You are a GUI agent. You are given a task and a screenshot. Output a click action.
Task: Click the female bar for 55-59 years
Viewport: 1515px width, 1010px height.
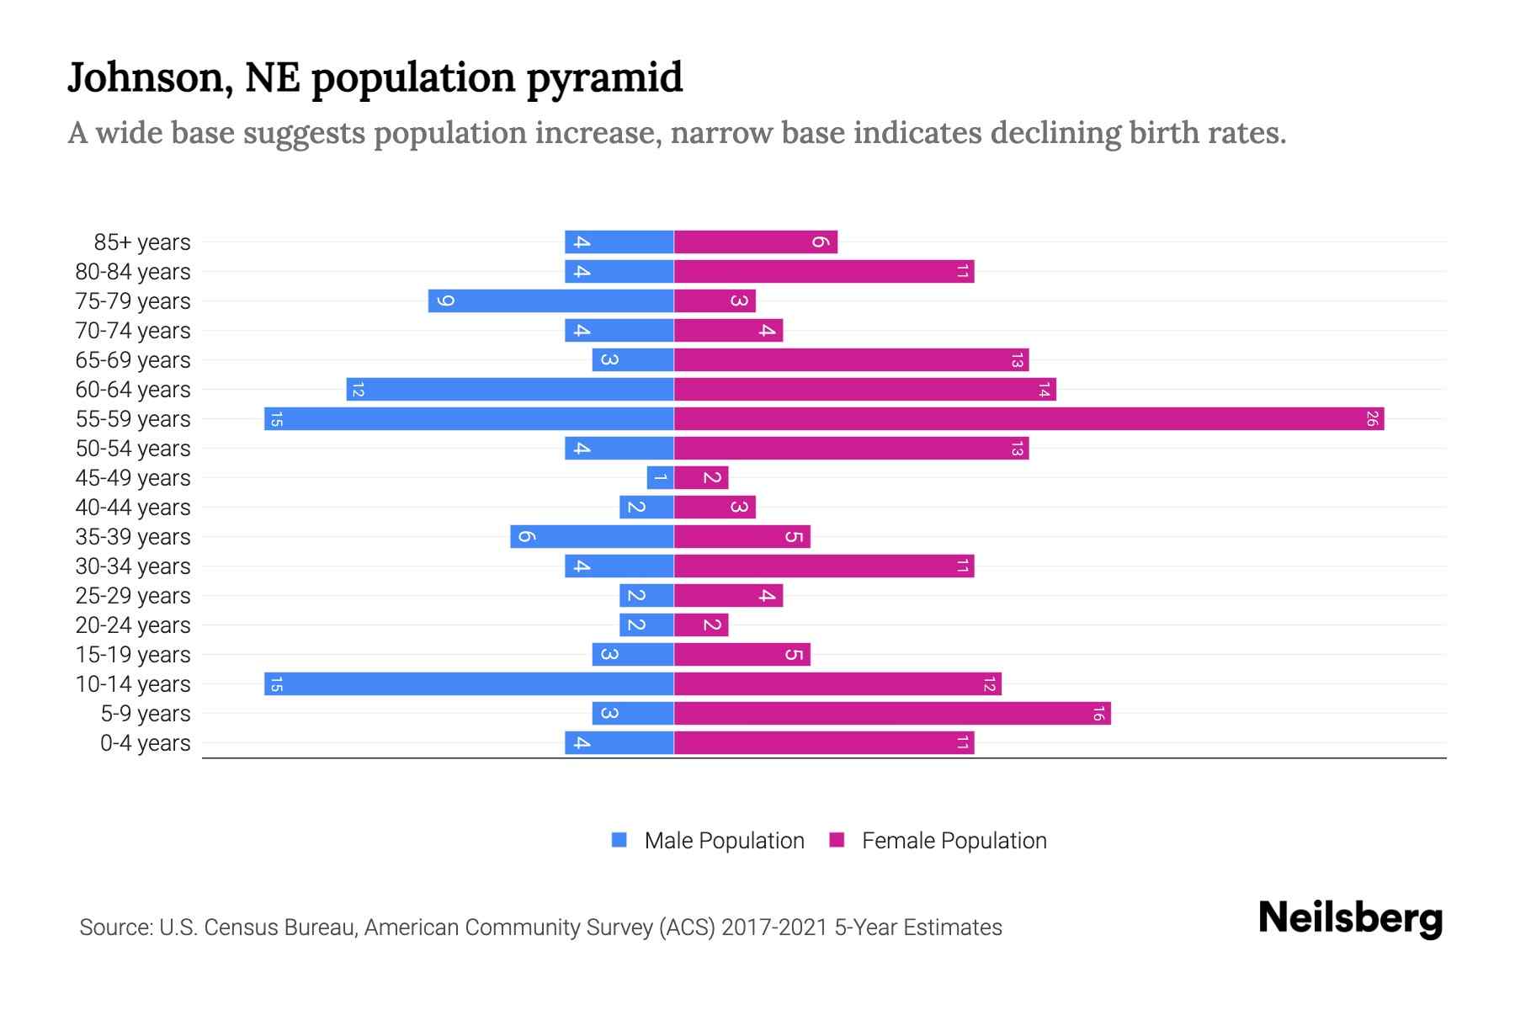pos(1029,418)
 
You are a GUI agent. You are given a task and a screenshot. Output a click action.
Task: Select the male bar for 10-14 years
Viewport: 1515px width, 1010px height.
pos(469,683)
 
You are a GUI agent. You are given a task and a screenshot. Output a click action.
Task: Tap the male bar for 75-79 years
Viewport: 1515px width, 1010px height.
pos(550,300)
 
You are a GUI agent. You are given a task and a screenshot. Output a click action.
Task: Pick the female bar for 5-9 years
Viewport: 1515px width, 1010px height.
pos(892,713)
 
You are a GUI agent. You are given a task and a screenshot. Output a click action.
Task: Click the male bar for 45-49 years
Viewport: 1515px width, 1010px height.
pos(660,477)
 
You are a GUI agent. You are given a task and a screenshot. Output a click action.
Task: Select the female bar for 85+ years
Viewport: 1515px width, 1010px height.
pos(756,242)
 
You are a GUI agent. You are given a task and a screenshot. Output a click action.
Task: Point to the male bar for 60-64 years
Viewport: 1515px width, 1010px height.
pos(510,389)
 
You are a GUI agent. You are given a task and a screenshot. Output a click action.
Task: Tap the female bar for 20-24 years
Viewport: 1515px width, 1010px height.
pos(701,625)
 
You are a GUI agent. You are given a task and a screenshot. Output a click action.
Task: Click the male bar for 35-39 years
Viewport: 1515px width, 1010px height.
pos(592,536)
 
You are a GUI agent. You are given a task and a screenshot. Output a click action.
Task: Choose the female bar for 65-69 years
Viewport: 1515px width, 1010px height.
pos(851,359)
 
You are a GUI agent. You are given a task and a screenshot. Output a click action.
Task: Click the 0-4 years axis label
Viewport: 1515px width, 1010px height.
pos(145,743)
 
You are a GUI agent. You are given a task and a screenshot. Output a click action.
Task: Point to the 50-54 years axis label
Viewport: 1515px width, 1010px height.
pos(133,449)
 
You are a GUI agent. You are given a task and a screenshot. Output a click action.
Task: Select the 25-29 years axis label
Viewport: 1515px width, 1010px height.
pos(133,596)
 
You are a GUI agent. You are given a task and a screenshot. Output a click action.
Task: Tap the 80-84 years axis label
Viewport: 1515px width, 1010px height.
pos(133,272)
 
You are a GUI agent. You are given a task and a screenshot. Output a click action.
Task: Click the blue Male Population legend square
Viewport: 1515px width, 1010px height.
pos(619,840)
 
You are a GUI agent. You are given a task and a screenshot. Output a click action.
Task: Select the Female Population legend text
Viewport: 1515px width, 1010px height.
pos(954,840)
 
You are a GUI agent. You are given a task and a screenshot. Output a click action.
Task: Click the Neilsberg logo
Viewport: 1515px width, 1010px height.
pos(1350,918)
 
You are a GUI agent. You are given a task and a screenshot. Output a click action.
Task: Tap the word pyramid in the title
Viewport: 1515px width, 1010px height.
pos(604,78)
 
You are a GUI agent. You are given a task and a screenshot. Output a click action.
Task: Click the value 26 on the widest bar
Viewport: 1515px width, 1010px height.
pos(1371,418)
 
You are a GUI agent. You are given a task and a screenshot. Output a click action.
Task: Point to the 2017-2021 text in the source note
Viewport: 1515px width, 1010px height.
pos(774,928)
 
